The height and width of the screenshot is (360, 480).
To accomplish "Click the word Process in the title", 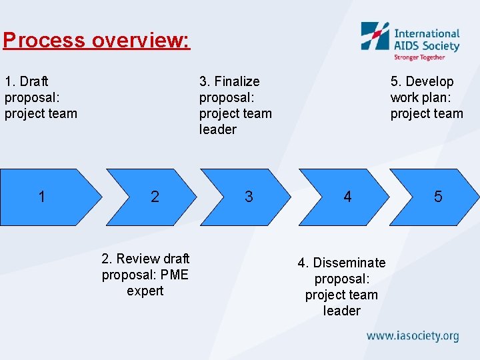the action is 44,41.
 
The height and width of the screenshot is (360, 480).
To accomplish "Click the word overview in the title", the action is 139,41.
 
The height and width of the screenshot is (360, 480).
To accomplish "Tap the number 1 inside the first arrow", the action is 42,197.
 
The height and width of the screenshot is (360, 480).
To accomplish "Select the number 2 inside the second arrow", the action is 155,197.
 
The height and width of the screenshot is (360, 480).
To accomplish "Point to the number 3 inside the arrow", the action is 249,197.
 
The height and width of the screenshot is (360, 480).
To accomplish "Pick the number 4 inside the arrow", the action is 347,197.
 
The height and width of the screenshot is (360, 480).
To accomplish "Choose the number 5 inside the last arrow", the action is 438,197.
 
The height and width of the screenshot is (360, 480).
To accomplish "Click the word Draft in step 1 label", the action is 34,81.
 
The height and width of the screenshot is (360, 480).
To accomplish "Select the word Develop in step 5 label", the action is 430,81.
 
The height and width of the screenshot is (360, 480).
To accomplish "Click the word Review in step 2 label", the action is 137,259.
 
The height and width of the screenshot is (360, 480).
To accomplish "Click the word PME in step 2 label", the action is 175,275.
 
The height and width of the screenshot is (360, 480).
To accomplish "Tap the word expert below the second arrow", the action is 145,291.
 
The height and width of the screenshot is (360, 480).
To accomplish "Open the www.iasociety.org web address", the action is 413,335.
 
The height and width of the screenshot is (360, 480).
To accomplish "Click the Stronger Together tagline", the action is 419,57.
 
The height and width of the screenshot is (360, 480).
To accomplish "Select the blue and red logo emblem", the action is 375,37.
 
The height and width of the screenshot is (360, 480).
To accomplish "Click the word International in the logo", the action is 427,33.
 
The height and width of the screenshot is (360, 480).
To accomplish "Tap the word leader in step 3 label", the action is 218,129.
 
